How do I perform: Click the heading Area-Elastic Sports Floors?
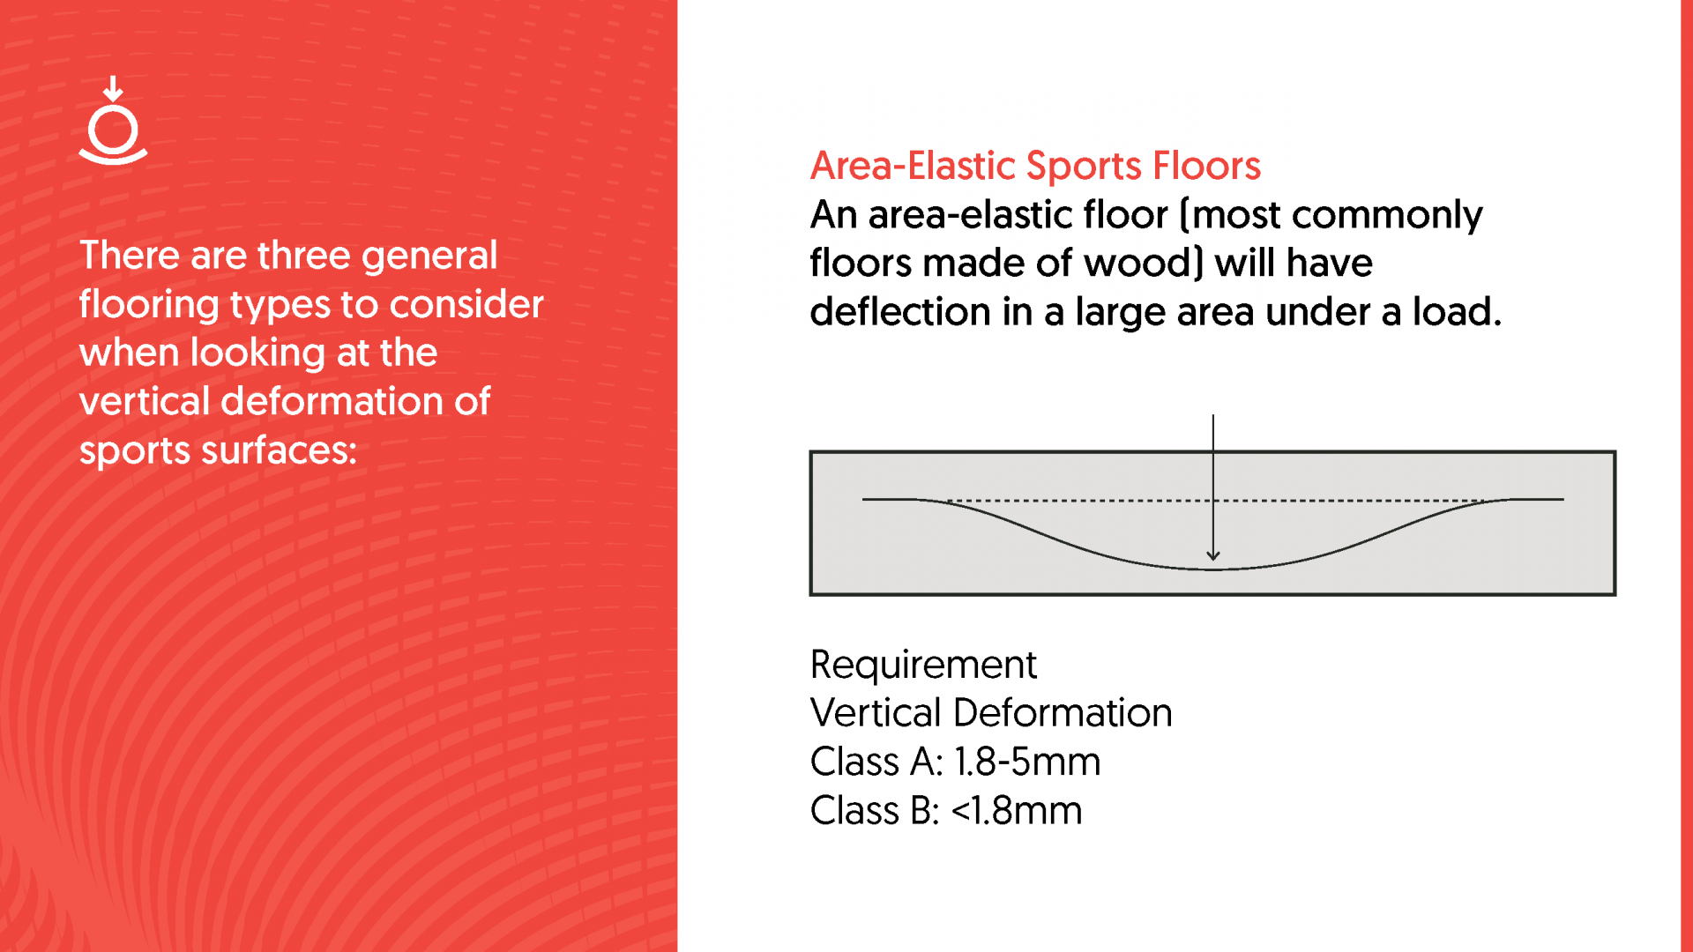[x=1035, y=166]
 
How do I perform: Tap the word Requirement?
[x=923, y=665]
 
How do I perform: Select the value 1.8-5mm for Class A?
[x=1027, y=762]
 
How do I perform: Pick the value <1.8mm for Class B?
[x=1017, y=811]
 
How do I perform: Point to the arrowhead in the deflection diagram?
[x=1213, y=555]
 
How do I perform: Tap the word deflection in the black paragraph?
[x=900, y=312]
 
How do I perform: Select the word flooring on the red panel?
[x=149, y=305]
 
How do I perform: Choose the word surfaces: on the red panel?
[x=280, y=450]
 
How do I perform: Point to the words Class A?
[x=876, y=762]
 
